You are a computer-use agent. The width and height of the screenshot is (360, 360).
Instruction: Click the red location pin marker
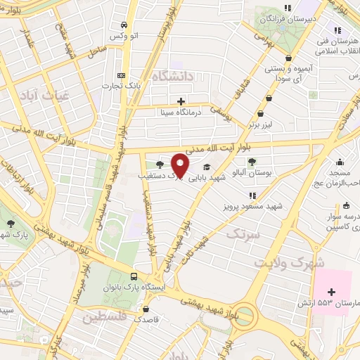(x=181, y=166)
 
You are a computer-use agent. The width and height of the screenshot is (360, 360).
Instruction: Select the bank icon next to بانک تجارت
(x=122, y=75)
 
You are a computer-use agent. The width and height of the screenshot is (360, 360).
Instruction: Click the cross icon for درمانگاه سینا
(x=182, y=101)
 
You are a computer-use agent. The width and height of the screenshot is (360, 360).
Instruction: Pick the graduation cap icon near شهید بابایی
(x=207, y=167)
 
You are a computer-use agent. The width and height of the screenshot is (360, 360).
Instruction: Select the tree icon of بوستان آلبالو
(x=252, y=162)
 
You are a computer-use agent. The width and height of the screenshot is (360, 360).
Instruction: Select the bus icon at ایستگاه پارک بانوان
(x=134, y=277)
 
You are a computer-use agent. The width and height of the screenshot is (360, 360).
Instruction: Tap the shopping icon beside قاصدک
(x=146, y=309)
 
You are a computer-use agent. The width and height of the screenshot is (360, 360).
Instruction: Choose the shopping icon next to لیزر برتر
(x=262, y=112)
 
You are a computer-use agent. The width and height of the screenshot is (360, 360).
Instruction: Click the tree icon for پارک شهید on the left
(x=11, y=224)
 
